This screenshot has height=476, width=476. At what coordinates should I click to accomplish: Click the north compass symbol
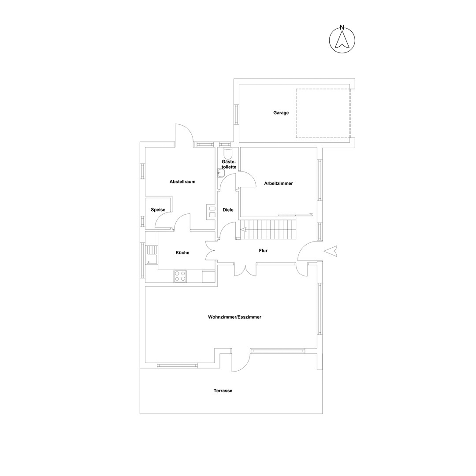coord(342,40)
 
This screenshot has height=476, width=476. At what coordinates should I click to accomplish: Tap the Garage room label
coord(281,113)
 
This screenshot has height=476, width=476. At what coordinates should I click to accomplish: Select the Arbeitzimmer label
coord(279,183)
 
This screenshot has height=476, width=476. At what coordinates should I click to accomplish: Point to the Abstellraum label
coord(182,182)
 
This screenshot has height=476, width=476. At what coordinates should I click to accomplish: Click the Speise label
coord(158,210)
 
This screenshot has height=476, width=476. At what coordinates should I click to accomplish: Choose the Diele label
coord(228,210)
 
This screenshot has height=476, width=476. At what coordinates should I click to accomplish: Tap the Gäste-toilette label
coord(229,164)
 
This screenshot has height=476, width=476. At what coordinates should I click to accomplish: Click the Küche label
coord(182,253)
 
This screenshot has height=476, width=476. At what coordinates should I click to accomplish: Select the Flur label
coord(263,251)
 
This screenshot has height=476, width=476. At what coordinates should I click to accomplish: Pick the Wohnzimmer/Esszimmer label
coord(234,317)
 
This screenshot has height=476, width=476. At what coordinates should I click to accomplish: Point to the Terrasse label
coord(223,390)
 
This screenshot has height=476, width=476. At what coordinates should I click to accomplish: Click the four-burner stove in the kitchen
coord(180,276)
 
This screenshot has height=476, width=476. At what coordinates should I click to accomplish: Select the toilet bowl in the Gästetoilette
coord(227,151)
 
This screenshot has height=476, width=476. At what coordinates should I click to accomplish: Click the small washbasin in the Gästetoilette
coord(221,173)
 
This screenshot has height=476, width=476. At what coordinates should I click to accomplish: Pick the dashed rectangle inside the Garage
coord(324,113)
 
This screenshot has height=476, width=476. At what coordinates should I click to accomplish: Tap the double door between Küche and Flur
coord(211,251)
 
